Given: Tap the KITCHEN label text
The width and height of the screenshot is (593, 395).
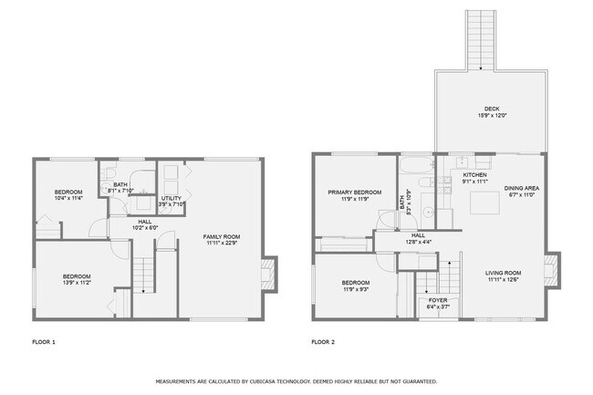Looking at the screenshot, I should pos(475,174).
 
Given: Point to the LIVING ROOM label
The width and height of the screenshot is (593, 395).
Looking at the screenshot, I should pos(502,272).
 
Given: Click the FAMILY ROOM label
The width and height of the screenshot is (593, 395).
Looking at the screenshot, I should pos(221,236).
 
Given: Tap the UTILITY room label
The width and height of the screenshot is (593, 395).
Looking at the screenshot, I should pos(172,198).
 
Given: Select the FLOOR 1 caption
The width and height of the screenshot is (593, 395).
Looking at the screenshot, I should pos(44,342).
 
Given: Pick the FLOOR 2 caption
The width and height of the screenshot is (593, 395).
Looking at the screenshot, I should pos(323,342).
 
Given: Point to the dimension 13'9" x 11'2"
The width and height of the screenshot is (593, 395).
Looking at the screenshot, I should pos(77,282).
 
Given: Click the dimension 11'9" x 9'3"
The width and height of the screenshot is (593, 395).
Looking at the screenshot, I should pos(356,289).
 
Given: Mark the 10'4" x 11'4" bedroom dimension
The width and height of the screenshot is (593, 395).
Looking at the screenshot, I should pos(68,198).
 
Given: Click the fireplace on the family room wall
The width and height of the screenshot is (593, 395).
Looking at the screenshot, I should pos(267,272).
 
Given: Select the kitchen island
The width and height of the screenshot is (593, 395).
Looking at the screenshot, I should pos(484,203).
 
